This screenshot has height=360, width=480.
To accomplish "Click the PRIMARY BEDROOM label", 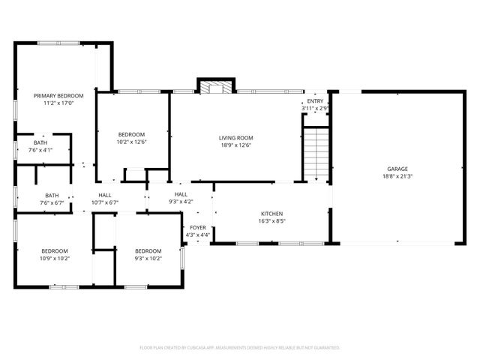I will [58, 96].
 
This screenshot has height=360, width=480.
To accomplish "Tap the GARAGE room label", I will [397, 169].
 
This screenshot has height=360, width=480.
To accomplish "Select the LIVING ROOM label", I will [235, 138].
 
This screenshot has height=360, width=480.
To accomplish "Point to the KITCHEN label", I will [271, 214].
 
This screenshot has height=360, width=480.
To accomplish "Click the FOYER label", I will [198, 228].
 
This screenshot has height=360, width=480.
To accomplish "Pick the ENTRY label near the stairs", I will [315, 101].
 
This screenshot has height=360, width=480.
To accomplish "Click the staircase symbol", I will [316, 154].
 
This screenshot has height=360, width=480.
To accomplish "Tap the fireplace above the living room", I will [216, 87].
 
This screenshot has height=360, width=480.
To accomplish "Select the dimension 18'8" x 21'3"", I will [397, 177].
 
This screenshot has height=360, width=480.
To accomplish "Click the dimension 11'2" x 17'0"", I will [58, 104].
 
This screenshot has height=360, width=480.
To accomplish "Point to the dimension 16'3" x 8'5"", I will [271, 221].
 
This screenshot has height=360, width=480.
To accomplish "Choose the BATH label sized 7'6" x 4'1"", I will [40, 142].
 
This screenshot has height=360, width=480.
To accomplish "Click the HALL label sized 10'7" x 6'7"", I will [105, 195].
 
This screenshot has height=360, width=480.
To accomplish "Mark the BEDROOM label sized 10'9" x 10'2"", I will [55, 250].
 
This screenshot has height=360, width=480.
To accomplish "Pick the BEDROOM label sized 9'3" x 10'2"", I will [148, 250].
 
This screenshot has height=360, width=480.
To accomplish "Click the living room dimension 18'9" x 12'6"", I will [235, 146].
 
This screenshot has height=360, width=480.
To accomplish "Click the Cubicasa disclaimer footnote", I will [240, 347].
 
